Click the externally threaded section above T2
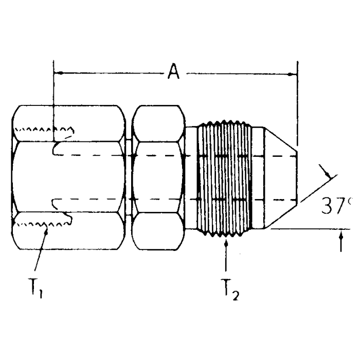226,177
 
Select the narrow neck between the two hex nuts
128,177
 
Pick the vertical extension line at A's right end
297,103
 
